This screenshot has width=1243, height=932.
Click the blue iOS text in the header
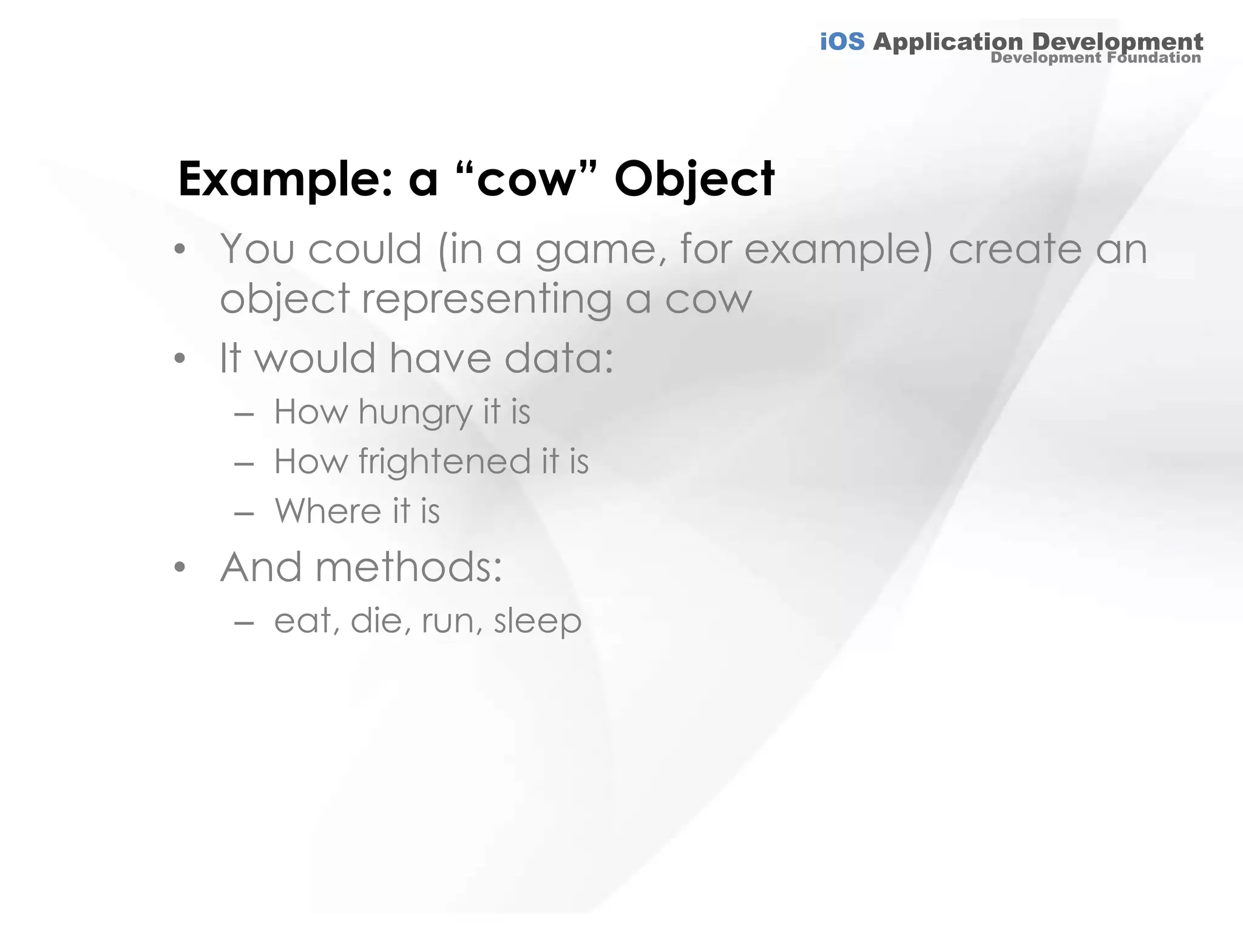click(842, 42)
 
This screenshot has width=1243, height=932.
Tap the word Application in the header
click(947, 42)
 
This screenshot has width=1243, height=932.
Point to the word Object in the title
click(694, 180)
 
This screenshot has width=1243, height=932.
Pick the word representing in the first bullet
click(486, 300)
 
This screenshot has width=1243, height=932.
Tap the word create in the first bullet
click(1015, 250)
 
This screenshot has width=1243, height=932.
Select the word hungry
click(415, 413)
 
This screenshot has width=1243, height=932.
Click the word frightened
click(444, 462)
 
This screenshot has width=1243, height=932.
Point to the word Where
click(328, 511)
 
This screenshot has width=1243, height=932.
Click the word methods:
click(408, 567)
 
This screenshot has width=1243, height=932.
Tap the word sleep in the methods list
click(537, 621)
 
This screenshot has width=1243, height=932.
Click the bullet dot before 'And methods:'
click(179, 568)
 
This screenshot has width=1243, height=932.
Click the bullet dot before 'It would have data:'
click(179, 359)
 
